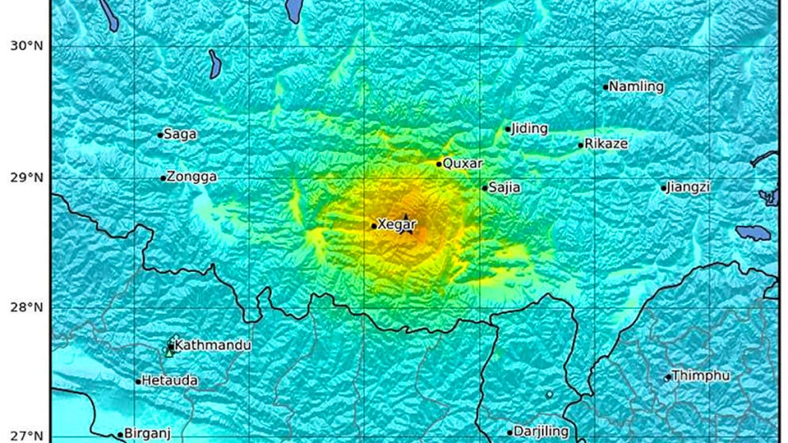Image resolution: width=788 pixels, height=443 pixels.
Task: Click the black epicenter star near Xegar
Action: click(x=406, y=223)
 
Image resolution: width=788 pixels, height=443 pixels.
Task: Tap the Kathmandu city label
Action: click(x=212, y=346)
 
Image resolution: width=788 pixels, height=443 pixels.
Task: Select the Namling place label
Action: click(x=637, y=87)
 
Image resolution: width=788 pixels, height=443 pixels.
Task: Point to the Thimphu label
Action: click(x=701, y=376)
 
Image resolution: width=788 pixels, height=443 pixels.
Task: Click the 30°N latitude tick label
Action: click(x=26, y=46)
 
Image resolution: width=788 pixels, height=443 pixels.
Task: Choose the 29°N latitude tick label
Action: click(x=26, y=177)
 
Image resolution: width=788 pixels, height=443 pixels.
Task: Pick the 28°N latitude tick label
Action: click(x=26, y=307)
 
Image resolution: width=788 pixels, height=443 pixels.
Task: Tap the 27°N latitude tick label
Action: click(x=26, y=435)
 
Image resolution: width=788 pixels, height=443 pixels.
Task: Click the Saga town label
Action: click(x=181, y=135)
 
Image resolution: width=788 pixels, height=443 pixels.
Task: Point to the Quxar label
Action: click(x=462, y=163)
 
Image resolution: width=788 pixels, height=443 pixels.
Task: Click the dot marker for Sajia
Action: click(x=484, y=188)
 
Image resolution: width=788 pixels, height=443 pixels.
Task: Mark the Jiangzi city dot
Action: click(x=664, y=188)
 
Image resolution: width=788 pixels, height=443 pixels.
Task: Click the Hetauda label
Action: click(x=170, y=381)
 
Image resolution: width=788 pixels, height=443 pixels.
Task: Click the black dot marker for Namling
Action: click(x=606, y=87)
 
